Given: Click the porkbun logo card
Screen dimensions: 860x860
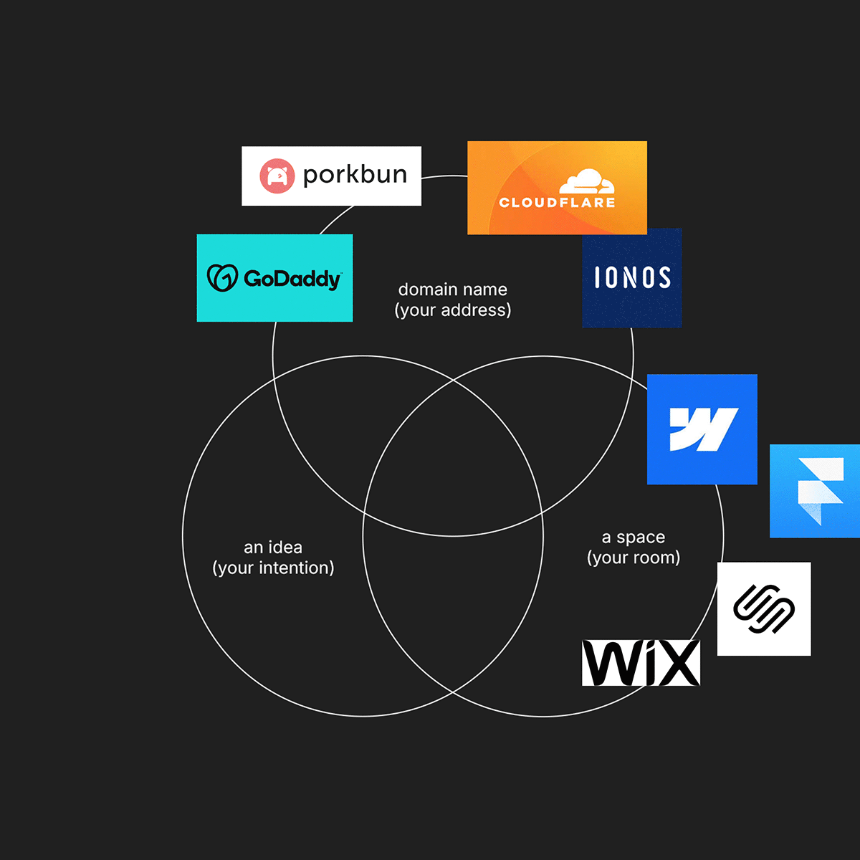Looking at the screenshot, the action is coord(331,176).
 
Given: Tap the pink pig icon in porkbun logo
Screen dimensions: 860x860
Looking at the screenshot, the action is coord(277,176).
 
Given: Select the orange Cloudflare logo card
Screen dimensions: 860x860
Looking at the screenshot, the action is coord(557,188).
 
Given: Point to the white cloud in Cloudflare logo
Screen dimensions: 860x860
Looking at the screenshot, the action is coord(587,182).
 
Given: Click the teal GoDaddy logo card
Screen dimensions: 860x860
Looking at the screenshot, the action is coord(274,278).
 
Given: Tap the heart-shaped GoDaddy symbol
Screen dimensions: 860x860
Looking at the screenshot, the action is coord(222,278).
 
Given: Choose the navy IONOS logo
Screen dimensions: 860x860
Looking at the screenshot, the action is coord(631,278).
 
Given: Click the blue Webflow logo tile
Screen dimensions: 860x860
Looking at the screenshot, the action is coord(702,429).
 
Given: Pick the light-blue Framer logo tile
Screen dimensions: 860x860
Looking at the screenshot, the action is coord(815,491).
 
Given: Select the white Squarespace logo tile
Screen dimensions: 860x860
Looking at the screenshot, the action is coord(764,608).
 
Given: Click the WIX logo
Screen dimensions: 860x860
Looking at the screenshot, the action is coord(641,663).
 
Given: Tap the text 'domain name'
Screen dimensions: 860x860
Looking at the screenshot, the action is coord(453,290).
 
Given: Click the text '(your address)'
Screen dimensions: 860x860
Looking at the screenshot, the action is coord(453,310).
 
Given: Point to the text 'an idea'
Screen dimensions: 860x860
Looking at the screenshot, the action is coord(273,548).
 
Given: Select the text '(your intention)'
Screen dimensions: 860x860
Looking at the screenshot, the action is coord(273,568).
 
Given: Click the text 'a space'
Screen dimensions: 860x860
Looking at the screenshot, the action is coord(634,537).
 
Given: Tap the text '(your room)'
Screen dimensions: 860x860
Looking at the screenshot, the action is coord(634,558).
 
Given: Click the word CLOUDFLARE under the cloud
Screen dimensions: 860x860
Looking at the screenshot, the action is coord(557,203).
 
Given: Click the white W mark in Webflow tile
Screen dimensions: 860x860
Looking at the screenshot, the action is coord(702,429).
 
